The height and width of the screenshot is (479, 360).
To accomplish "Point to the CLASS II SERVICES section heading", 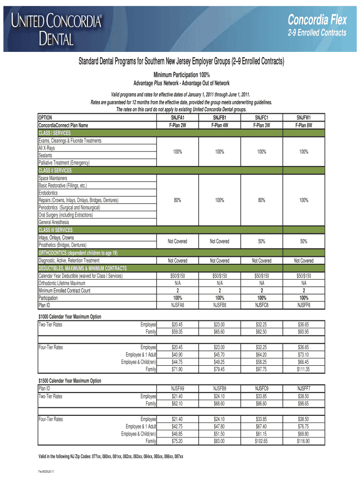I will (x=55, y=171).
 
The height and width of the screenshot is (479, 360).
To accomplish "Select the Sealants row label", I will (x=46, y=155).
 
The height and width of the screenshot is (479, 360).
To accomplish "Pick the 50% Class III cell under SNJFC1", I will (x=261, y=241).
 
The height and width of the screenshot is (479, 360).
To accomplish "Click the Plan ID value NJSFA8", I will (x=178, y=305).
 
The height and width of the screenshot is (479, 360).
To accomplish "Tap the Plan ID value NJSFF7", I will (x=304, y=389).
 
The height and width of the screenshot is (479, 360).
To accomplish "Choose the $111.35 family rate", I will (x=304, y=370).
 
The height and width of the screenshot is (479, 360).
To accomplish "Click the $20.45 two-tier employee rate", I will (x=178, y=324).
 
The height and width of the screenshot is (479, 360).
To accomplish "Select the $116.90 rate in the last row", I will (x=304, y=441).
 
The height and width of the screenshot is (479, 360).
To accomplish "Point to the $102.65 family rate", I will (x=261, y=441).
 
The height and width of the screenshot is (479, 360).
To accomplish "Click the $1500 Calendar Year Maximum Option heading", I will (x=70, y=381).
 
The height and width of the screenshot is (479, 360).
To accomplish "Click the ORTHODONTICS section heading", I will (x=78, y=253).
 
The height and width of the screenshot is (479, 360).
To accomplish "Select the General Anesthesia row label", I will (x=54, y=222).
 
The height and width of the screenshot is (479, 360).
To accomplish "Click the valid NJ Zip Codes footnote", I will (x=110, y=457).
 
